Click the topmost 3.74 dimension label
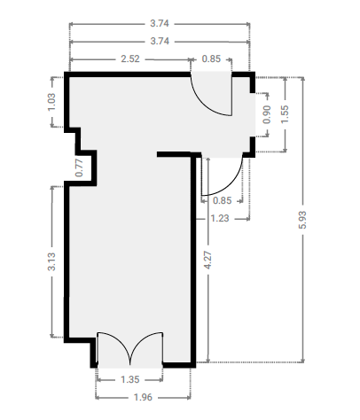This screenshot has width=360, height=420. point(160,23)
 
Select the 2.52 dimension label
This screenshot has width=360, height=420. point(130,58)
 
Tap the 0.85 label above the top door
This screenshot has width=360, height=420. point(211,58)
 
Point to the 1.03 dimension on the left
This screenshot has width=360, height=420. point(51,102)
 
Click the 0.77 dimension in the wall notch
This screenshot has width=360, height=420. point(79,167)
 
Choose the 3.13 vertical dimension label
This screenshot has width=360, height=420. point(51,261)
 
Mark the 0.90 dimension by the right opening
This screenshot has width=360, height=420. point(267,114)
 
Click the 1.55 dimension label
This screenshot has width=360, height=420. point(285,114)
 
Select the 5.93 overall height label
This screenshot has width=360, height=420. point(302,220)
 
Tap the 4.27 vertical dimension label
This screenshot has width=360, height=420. point(208,260)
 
